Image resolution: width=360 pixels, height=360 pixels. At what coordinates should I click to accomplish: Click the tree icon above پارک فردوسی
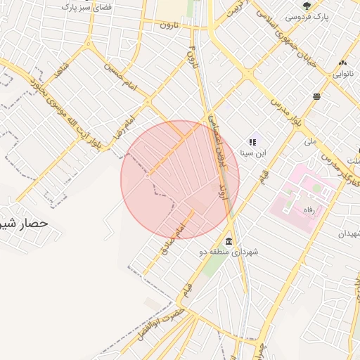[x=307, y=6]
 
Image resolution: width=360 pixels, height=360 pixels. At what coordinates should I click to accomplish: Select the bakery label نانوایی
[x=345, y=72]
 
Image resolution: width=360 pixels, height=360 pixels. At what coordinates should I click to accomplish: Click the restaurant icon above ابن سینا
[x=252, y=142]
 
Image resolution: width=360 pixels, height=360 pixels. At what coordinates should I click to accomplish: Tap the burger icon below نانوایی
[x=317, y=96]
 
